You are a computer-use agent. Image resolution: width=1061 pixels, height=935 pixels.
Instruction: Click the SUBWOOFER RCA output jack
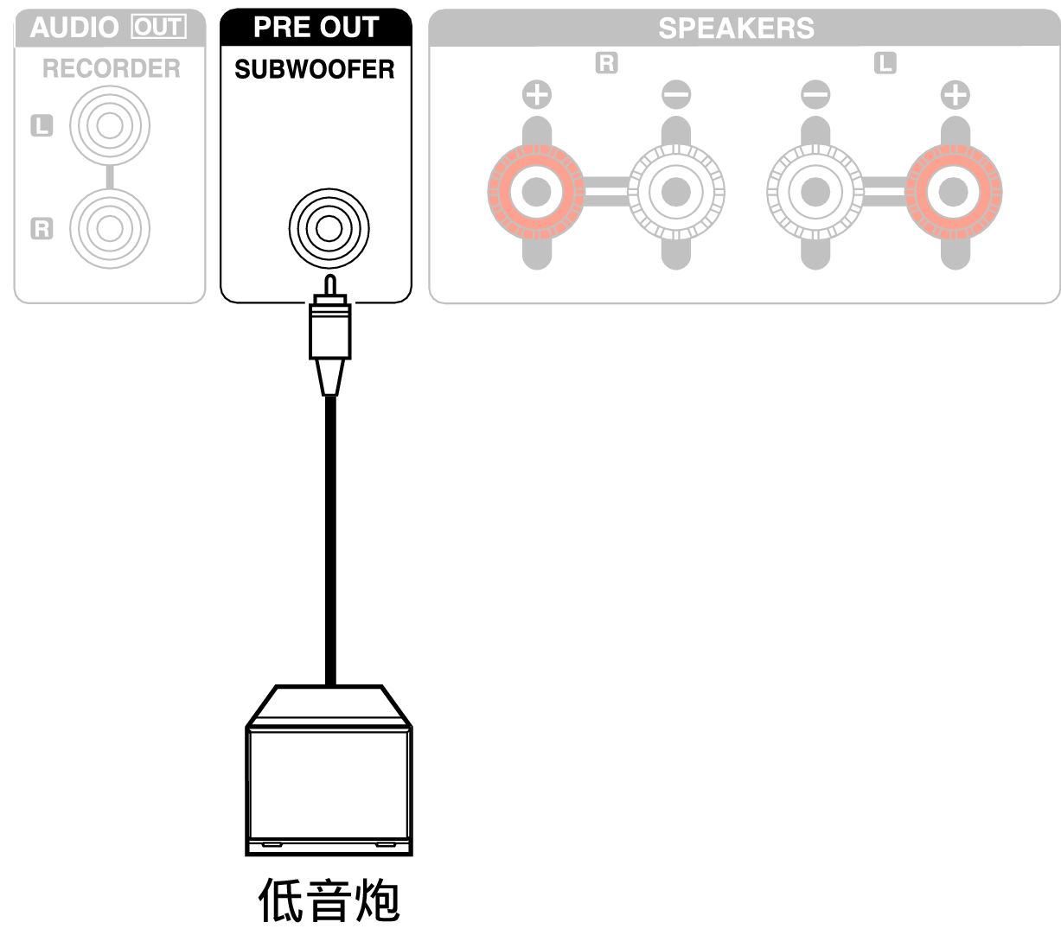tap(329, 229)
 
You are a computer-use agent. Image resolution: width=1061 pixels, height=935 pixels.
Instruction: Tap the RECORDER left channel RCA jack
tap(109, 126)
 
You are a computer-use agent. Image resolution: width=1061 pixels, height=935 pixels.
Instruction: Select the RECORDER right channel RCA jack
tap(109, 228)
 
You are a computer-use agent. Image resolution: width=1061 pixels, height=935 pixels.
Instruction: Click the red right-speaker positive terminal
tap(536, 192)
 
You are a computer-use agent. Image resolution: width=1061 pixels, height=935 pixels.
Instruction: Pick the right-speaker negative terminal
tap(675, 192)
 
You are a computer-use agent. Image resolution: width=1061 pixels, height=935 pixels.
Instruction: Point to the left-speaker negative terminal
tap(815, 192)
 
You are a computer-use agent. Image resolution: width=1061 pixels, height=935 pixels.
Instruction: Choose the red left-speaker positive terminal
tap(954, 192)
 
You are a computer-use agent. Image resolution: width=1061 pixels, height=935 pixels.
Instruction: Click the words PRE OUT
tap(316, 28)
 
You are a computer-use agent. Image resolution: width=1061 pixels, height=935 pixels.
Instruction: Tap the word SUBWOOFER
tap(315, 69)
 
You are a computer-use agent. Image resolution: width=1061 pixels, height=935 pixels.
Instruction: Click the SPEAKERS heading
tap(736, 29)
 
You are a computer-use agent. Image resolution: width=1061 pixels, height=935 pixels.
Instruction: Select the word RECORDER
tap(112, 68)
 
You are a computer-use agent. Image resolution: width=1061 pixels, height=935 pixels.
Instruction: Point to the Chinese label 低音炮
tap(329, 900)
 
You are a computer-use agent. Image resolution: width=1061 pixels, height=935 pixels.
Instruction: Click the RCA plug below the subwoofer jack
tap(329, 333)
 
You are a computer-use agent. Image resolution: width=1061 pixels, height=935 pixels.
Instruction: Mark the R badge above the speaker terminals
tap(606, 63)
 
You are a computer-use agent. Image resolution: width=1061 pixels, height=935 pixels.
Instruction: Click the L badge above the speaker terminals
tap(885, 63)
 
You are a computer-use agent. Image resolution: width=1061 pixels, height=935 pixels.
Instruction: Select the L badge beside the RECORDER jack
tap(42, 126)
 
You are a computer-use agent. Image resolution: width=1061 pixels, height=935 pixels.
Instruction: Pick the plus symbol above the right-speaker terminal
tap(537, 93)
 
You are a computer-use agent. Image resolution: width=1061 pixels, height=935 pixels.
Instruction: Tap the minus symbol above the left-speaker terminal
tap(815, 93)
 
